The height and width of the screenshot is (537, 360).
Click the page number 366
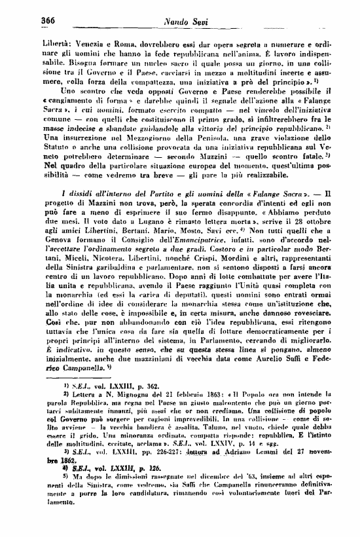tap(47, 20)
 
